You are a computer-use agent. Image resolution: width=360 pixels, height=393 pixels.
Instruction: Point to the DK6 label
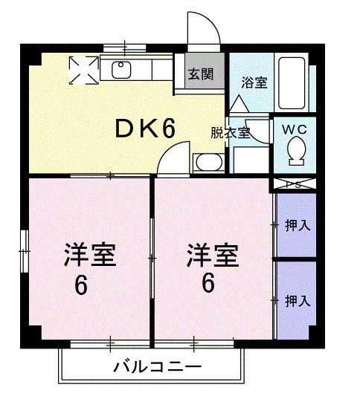coord(145,129)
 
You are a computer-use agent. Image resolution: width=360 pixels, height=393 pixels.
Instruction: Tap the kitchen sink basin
coord(121,70)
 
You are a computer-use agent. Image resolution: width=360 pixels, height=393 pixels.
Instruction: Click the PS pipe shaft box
coord(295,185)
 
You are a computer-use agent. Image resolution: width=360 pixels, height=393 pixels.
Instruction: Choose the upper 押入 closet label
coord(298,224)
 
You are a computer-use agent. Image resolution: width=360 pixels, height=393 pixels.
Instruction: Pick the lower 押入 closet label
coord(298,301)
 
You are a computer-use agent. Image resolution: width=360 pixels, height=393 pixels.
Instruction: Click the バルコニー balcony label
coord(157,367)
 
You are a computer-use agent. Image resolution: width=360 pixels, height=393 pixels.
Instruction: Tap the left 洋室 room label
coord(89,256)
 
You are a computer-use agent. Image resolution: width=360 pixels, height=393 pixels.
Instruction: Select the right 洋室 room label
coord(213,256)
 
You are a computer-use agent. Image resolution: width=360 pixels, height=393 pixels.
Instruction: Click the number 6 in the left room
coord(81,285)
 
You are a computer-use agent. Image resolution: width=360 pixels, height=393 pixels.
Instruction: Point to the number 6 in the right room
coord(208,283)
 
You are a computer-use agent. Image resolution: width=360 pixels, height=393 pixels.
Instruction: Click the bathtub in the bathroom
coord(295,81)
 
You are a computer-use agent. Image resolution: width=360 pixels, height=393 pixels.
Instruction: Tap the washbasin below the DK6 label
coord(206,163)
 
